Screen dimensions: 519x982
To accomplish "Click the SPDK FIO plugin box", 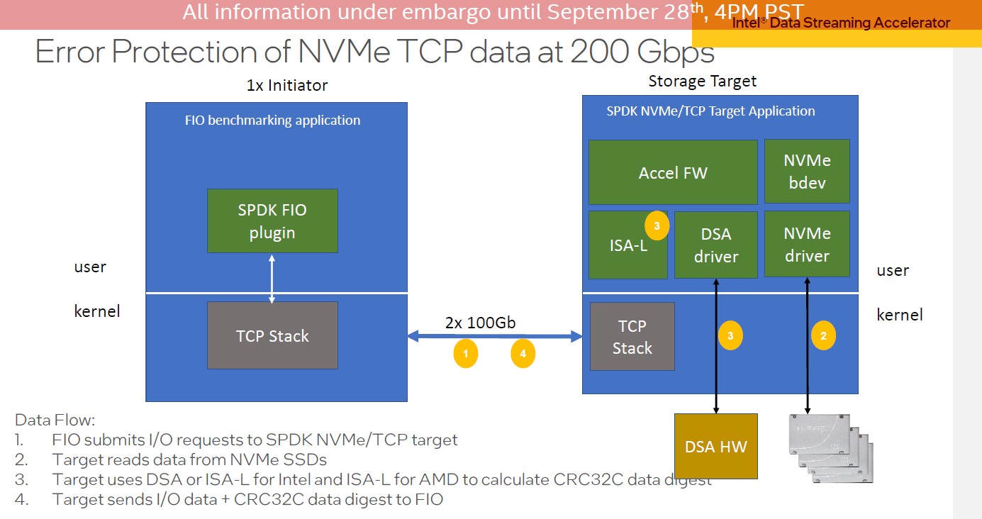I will [272, 221].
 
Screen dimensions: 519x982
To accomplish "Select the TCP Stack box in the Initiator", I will [272, 335].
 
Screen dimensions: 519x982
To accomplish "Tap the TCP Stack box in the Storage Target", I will [632, 336].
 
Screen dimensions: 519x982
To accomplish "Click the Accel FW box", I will [673, 172].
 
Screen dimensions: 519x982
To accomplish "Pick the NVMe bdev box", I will [807, 171].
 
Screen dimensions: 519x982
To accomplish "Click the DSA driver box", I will [716, 245].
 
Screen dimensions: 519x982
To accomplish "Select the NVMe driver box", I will [807, 244].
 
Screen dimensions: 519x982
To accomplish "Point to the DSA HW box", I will [715, 446].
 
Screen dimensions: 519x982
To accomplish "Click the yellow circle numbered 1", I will [466, 353].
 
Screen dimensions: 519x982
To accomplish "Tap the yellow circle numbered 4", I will [523, 353].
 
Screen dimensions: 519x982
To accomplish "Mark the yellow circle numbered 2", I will [823, 336].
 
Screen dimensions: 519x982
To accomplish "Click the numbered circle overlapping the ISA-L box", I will [657, 226].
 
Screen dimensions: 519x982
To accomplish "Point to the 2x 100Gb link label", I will [480, 323].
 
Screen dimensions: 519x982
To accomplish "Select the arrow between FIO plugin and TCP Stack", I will [272, 277].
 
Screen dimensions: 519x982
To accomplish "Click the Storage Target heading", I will [702, 82].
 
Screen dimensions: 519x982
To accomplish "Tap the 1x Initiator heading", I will [286, 85].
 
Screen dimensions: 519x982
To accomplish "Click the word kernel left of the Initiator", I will [97, 311].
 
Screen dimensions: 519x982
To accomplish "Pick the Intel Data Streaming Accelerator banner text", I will [840, 23].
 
